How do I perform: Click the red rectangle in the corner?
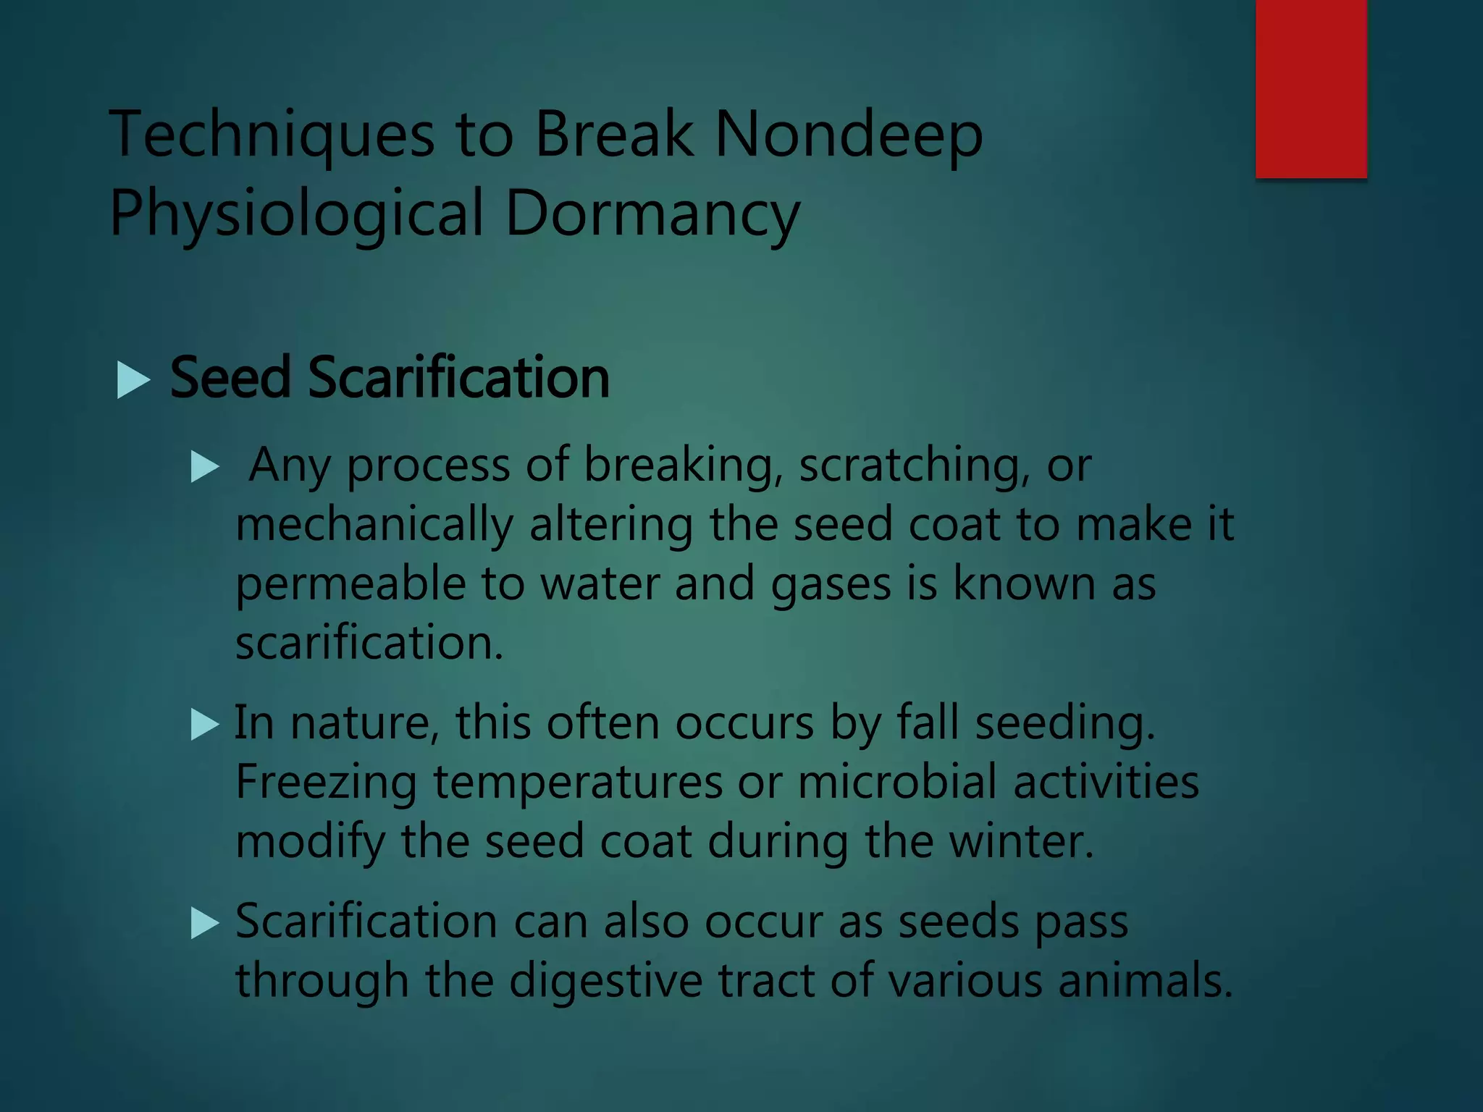point(1311,88)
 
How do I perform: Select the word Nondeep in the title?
point(849,135)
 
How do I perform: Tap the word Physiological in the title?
point(295,214)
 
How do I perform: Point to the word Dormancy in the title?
point(652,214)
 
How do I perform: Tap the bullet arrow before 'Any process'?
point(204,468)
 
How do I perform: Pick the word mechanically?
point(374,525)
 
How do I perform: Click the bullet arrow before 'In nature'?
point(204,724)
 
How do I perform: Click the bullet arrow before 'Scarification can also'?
point(204,924)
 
